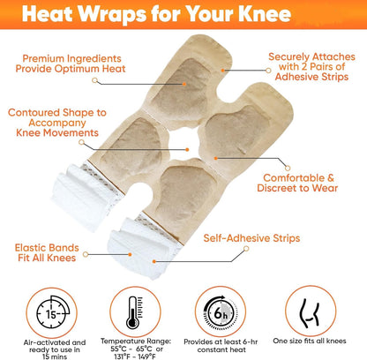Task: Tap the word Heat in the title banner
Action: point(47,13)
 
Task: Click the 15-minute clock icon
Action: point(51,312)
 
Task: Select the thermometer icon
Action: point(135,312)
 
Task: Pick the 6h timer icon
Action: point(221,311)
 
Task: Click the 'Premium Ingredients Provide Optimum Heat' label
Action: point(71,64)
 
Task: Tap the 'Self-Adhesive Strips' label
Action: point(251,238)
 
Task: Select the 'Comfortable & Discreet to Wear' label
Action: point(297,183)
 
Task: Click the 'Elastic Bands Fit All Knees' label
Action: point(47,252)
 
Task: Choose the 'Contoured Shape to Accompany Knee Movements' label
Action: point(57,123)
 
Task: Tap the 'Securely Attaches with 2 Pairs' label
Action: point(311,67)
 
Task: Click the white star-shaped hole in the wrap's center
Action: point(184,143)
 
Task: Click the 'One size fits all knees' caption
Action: point(310,341)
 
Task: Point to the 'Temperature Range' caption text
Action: point(136,349)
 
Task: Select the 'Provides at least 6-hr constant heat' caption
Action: point(221,346)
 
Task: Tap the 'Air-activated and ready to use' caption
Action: point(55,349)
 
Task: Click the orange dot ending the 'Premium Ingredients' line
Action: point(184,84)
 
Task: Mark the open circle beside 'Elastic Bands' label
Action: point(86,254)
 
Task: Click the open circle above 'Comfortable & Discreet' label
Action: point(288,169)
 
